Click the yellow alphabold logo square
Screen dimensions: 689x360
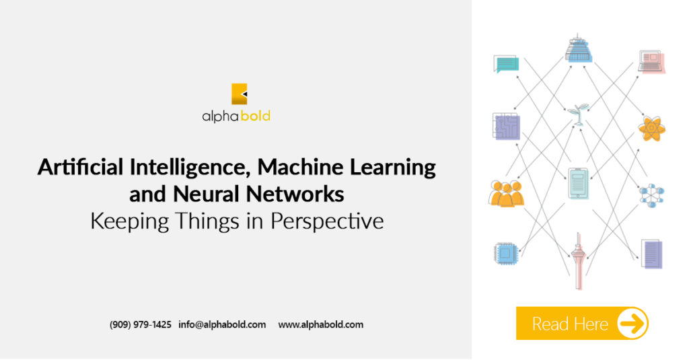tap(239, 94)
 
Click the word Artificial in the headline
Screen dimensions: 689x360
tap(81, 167)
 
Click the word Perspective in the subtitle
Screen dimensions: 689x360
tap(327, 221)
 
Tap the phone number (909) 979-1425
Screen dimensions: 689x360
tap(140, 324)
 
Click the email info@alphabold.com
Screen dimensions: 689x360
tap(222, 324)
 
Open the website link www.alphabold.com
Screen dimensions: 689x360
tap(321, 324)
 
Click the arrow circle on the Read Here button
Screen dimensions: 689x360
tap(632, 324)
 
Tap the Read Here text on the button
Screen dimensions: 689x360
tap(570, 324)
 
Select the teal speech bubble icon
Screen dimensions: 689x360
tap(506, 64)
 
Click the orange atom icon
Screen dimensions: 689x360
tap(651, 129)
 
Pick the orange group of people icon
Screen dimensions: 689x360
tap(506, 193)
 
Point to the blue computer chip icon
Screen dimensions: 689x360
tap(506, 253)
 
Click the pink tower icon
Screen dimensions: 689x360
tap(579, 262)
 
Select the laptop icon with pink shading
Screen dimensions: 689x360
tap(651, 61)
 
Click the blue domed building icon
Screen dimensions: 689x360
tap(578, 48)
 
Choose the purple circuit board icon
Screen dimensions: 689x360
tap(507, 126)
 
